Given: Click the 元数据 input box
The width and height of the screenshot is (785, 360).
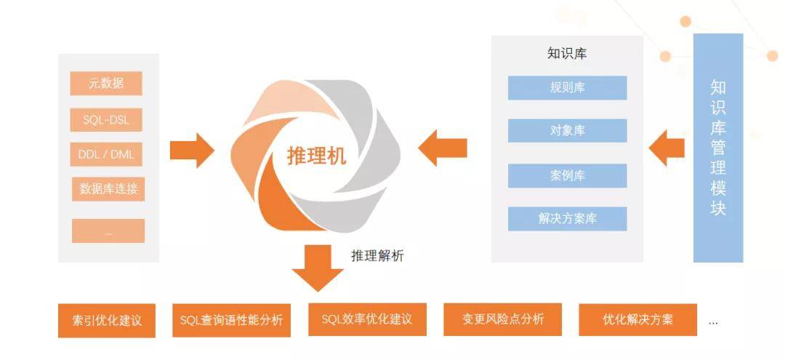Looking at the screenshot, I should [106, 84].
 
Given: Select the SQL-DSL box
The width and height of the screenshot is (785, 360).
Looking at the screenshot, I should [106, 120].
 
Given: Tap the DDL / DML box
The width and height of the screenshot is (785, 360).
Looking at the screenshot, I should [106, 154].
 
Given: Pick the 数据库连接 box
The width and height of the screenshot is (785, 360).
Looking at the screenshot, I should [108, 190].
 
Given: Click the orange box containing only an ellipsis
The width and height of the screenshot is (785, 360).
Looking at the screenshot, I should [108, 231].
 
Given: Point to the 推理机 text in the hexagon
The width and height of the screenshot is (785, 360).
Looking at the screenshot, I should [316, 156].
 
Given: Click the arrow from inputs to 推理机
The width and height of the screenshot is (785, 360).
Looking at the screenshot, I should [192, 151].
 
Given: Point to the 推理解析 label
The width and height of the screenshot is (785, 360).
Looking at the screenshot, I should [377, 255].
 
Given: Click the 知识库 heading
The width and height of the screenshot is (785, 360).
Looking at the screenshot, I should [567, 54].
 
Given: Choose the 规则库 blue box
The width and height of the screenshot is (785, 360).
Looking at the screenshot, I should [567, 88].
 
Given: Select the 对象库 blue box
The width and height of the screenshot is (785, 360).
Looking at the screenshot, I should [567, 131].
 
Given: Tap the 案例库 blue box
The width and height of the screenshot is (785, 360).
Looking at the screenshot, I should [567, 175].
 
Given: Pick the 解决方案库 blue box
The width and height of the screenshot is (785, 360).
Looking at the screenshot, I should [567, 218].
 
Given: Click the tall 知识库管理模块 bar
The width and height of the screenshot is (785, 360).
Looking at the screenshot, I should [718, 148].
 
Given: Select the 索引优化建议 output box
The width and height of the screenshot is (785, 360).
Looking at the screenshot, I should [107, 321].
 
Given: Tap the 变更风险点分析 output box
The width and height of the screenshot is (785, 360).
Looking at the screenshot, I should [503, 319].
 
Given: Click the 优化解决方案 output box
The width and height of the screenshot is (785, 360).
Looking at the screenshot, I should [637, 319].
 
